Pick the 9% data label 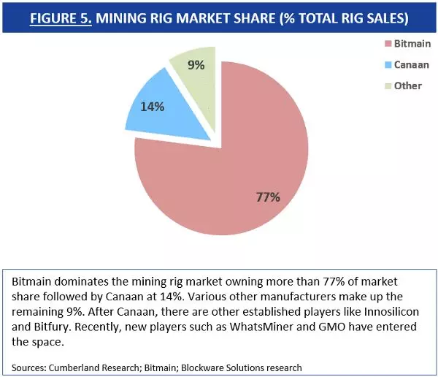tap(196, 65)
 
